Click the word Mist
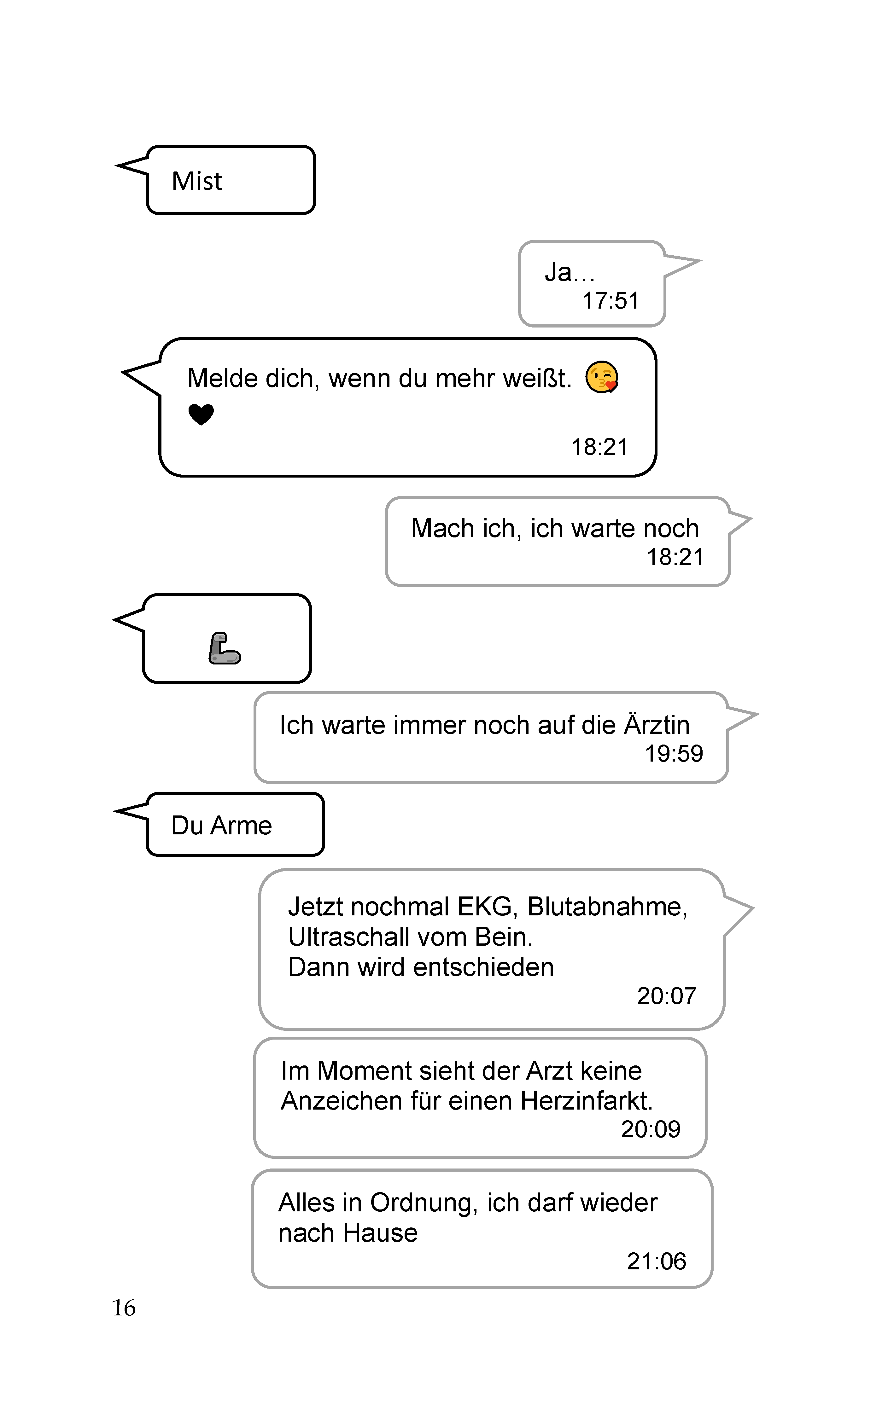point(197,181)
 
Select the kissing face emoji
point(602,377)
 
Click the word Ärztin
point(657,725)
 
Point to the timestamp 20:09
point(651,1129)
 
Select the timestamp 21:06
point(657,1261)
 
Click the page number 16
point(123,1308)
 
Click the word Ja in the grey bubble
point(557,272)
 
